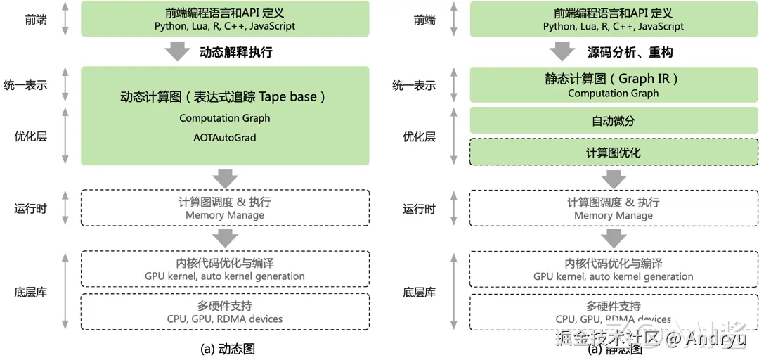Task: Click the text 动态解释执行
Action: click(x=236, y=52)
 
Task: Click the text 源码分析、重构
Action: click(x=630, y=52)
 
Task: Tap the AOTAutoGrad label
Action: click(x=225, y=138)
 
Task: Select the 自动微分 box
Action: click(x=614, y=120)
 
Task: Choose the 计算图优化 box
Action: click(x=614, y=153)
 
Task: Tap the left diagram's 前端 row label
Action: click(x=35, y=20)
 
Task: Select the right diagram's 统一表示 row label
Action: click(x=414, y=86)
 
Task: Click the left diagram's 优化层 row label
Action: click(x=30, y=136)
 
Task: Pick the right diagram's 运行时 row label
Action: click(x=419, y=208)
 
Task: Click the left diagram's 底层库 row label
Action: click(x=30, y=291)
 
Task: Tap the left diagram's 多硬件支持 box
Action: click(x=225, y=311)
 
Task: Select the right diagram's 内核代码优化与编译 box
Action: click(x=614, y=269)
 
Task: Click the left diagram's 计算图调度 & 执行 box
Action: click(x=225, y=207)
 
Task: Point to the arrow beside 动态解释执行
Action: click(x=176, y=52)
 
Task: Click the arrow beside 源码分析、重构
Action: click(x=563, y=52)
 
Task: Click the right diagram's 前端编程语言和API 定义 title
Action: click(x=614, y=13)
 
